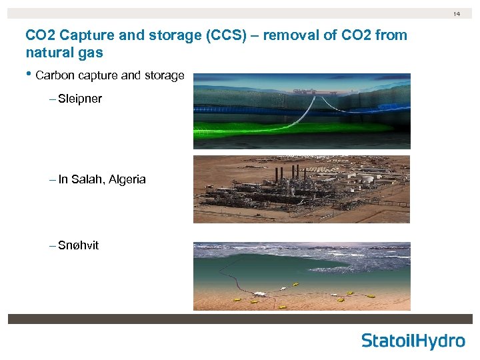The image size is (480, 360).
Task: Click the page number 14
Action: tap(457, 13)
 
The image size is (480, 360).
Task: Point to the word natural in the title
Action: tap(46, 51)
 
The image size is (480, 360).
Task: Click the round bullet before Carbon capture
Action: tap(29, 75)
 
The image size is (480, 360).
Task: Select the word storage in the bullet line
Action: tap(161, 75)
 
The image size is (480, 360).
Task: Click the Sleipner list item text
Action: tap(79, 99)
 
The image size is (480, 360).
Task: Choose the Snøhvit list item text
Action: tap(78, 245)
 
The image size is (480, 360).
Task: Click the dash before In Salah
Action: tap(53, 179)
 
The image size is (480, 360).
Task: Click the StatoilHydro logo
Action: tap(413, 341)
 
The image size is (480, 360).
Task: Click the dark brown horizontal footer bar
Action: tap(240, 319)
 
